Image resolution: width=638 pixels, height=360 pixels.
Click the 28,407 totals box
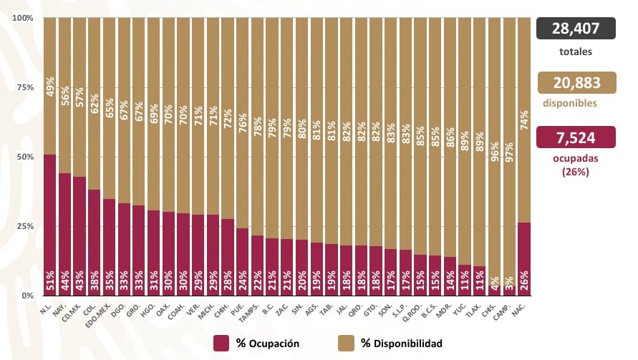tap(576, 29)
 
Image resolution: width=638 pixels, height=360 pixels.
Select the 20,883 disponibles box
tap(576, 82)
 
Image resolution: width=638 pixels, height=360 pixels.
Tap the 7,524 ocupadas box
tap(576, 136)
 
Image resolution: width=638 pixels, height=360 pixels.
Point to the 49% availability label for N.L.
tap(50, 86)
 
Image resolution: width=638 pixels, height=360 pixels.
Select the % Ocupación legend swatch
tap(221, 343)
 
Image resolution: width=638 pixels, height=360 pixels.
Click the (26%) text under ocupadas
tap(575, 172)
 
